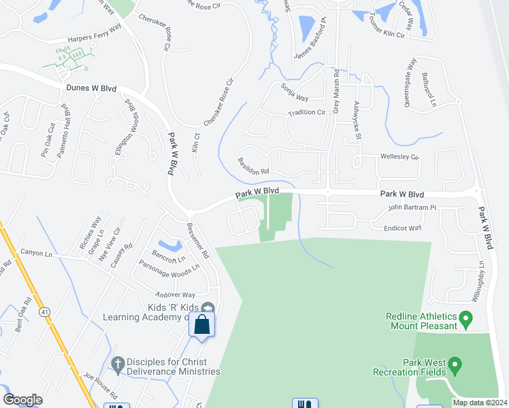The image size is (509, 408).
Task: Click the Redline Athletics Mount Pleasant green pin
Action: click(x=466, y=318)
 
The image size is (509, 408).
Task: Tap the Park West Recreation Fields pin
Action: click(x=455, y=367)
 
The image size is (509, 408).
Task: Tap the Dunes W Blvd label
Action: click(x=92, y=88)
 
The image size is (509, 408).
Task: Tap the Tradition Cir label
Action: click(x=307, y=113)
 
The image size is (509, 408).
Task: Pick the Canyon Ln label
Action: click(x=36, y=254)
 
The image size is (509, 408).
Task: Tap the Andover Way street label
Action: click(x=176, y=294)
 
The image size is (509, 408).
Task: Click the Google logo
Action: click(x=22, y=400)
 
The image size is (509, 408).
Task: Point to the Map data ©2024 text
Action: click(x=480, y=403)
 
